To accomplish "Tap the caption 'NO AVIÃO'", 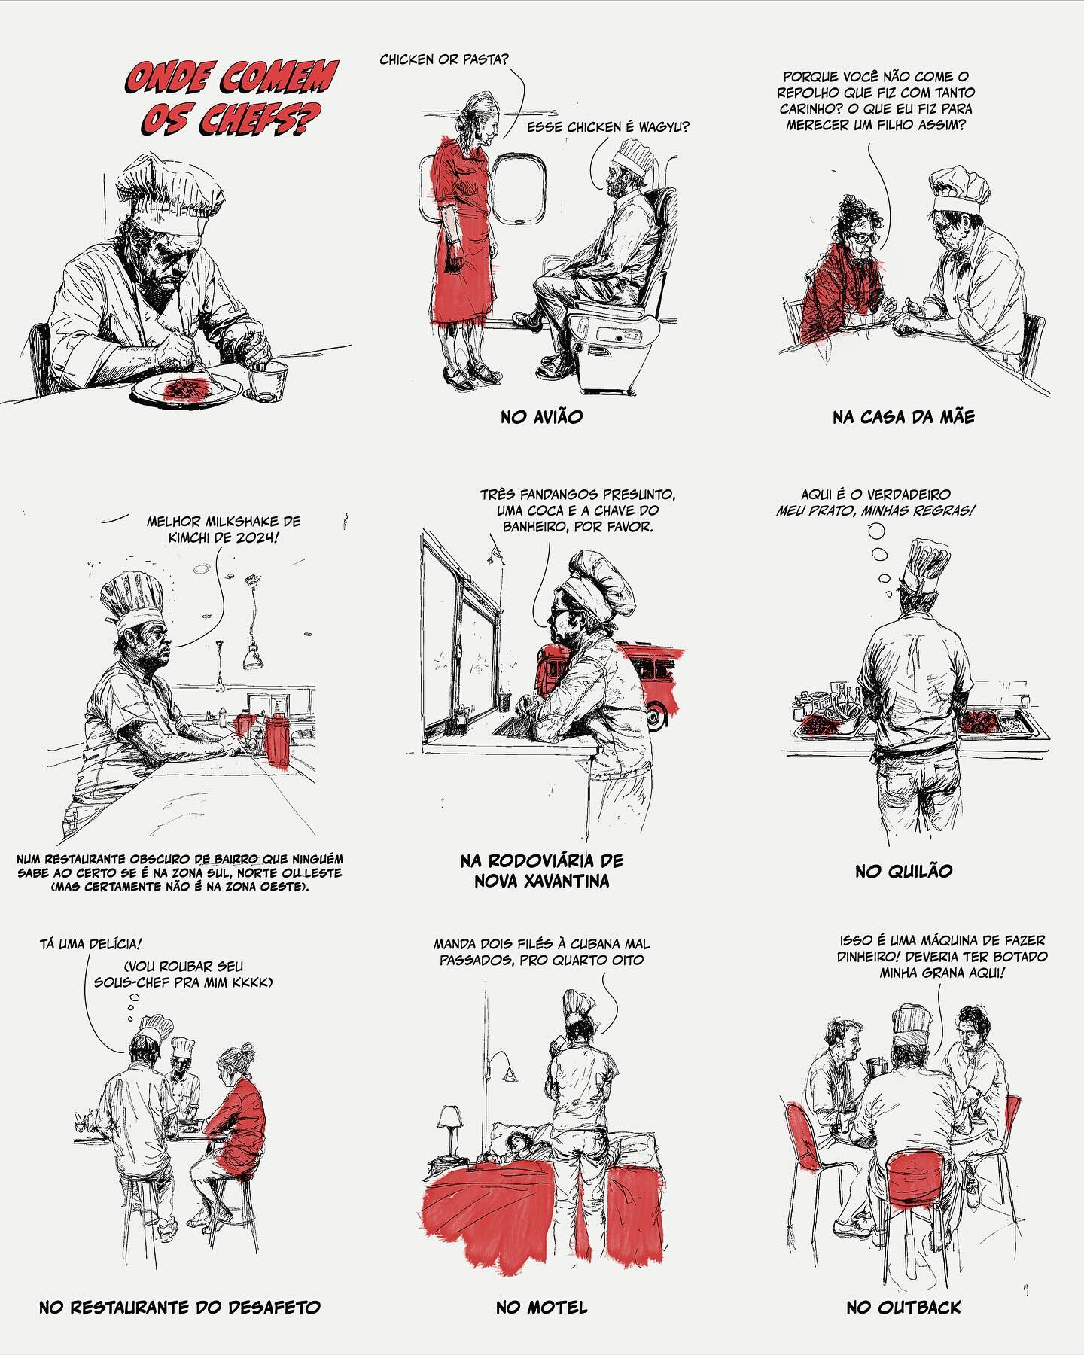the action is pyautogui.click(x=542, y=416).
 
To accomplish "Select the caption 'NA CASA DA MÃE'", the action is pyautogui.click(x=903, y=416).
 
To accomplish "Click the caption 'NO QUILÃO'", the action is pyautogui.click(x=903, y=872).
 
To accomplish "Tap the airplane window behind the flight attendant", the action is pyautogui.click(x=519, y=187).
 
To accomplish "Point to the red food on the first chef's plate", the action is pyautogui.click(x=182, y=389).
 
